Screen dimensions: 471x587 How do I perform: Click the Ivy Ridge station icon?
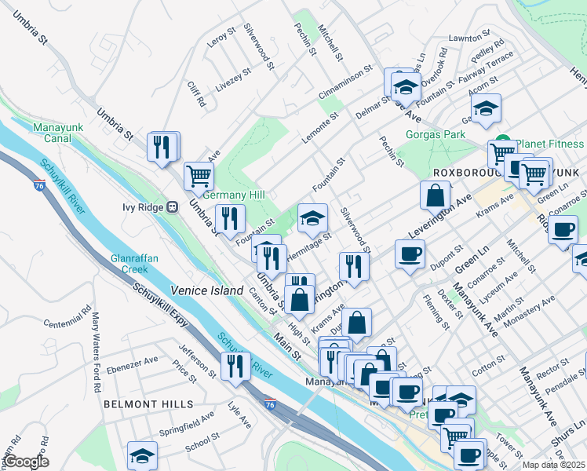tap(171, 206)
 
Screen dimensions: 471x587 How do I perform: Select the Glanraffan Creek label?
tap(129, 263)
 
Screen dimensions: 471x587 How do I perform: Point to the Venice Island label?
tap(207, 290)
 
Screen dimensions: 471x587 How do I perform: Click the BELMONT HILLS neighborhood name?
tap(148, 403)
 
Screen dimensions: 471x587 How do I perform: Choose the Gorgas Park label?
tap(436, 134)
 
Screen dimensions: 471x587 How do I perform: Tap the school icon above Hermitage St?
tap(312, 218)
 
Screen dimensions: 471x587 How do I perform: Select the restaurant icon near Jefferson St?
tap(235, 366)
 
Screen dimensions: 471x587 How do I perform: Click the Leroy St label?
tap(222, 39)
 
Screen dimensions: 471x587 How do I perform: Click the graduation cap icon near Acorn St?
tap(486, 108)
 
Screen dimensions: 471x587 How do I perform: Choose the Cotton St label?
tap(487, 364)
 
